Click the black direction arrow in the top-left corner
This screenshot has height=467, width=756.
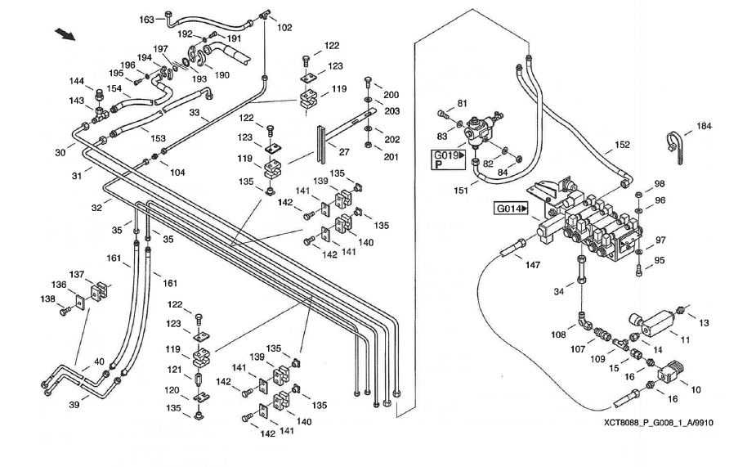pyautogui.click(x=65, y=34)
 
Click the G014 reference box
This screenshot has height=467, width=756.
pyautogui.click(x=511, y=209)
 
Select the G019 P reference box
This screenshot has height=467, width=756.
pyautogui.click(x=449, y=159)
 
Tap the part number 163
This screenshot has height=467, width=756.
pyautogui.click(x=146, y=20)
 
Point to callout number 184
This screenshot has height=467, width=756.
pyautogui.click(x=704, y=127)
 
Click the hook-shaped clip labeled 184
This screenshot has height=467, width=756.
pyautogui.click(x=675, y=146)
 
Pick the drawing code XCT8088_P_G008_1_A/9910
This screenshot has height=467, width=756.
pyautogui.click(x=659, y=423)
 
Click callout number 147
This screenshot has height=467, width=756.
pyautogui.click(x=533, y=265)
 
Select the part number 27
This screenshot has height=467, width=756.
pyautogui.click(x=344, y=152)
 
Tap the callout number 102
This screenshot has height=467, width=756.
pyautogui.click(x=284, y=28)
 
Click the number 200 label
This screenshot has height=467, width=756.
pyautogui.click(x=391, y=95)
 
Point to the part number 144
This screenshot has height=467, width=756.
pyautogui.click(x=76, y=81)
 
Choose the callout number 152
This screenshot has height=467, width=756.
pyautogui.click(x=623, y=145)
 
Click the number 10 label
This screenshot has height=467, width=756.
pyautogui.click(x=696, y=390)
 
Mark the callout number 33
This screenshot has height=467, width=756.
pyautogui.click(x=195, y=112)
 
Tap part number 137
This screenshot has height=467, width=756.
pyautogui.click(x=77, y=275)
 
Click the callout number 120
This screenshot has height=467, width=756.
pyautogui.click(x=172, y=390)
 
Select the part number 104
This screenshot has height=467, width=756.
pyautogui.click(x=177, y=173)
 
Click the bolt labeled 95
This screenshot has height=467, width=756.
pyautogui.click(x=639, y=270)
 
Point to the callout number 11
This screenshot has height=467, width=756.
pyautogui.click(x=685, y=339)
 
